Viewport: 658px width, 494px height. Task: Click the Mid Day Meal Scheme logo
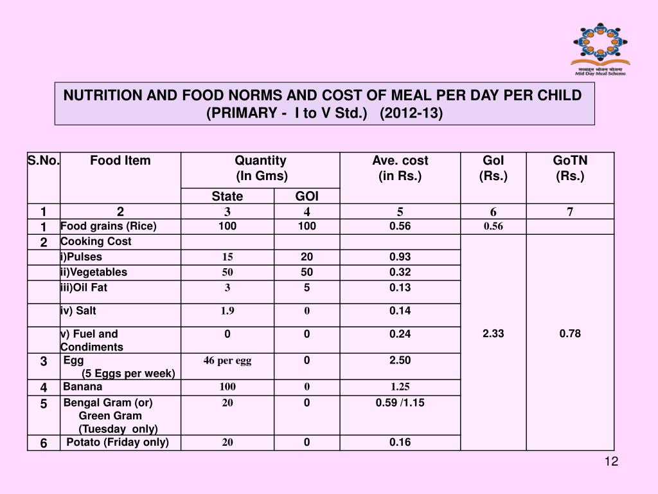coord(601,48)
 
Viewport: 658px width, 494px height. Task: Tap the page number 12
coord(611,462)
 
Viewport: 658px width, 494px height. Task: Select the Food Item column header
coord(120,161)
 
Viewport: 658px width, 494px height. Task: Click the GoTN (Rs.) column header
coord(570,168)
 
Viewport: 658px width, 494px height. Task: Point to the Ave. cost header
coord(400,168)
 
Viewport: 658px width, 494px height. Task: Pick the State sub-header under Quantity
coord(227,196)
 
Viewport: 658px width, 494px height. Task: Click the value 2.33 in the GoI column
coord(493,333)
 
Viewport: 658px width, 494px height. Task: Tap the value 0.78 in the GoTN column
coord(570,333)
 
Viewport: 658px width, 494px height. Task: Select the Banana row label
coord(82,387)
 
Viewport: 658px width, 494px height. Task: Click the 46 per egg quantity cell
coord(227,360)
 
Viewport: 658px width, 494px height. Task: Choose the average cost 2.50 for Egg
coord(400,360)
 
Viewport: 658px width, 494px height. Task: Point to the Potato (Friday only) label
coord(118,442)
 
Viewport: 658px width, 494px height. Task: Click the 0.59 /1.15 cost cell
coord(400,403)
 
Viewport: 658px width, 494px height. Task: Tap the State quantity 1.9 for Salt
coord(227,311)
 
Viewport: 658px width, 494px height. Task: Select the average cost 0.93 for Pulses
coord(400,257)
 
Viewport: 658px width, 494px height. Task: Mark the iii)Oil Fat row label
coord(84,288)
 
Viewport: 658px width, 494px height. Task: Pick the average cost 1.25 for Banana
coord(400,387)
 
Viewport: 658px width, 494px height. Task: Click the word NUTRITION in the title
coord(102,95)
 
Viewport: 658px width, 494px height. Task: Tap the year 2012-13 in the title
coord(411,113)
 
